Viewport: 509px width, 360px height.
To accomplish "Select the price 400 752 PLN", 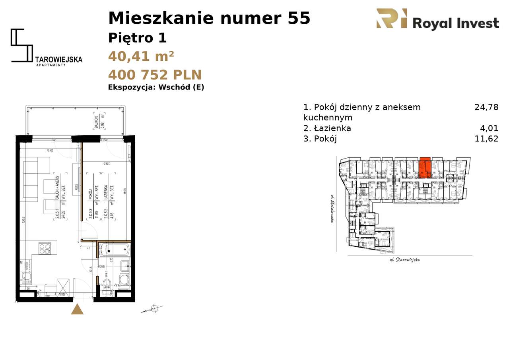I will point(155,75).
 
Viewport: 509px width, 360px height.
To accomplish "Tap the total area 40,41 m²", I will point(141,56).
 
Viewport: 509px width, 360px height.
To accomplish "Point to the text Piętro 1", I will point(137,38).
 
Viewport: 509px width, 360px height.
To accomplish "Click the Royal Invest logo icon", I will point(392,19).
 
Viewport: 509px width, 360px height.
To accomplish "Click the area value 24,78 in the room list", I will point(486,107).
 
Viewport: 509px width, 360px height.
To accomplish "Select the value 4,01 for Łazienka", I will point(489,128).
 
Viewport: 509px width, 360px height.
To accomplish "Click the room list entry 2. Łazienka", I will point(327,128).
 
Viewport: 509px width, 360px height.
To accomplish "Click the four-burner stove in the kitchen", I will point(45,248).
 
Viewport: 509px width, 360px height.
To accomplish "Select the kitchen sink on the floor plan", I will point(27,277).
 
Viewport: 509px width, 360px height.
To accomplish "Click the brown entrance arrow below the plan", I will point(77,309).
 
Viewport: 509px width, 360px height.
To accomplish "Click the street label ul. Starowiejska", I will point(404,260).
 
